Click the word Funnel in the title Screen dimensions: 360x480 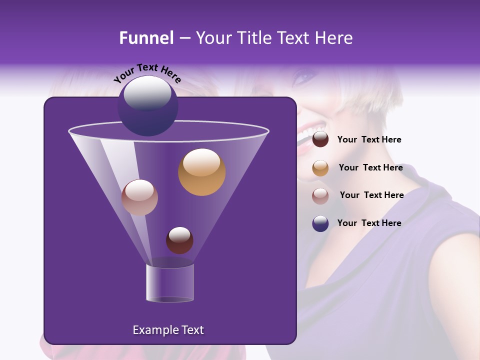pos(146,38)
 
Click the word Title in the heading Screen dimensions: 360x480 pos(253,38)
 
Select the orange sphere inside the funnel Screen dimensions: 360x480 pos(201,172)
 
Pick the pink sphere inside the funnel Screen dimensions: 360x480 pos(139,197)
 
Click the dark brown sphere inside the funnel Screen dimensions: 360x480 pos(179,240)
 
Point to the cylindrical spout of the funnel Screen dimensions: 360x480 pos(169,283)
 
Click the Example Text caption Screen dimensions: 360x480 pos(168,330)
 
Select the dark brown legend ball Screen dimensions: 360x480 pos(320,139)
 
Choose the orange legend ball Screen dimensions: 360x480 pos(320,168)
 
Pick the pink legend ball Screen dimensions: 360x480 pos(320,195)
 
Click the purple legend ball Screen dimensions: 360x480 pos(320,223)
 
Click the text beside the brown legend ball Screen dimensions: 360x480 pos(369,140)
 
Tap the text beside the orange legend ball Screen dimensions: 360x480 pos(370,167)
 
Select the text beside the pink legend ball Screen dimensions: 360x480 pos(371,195)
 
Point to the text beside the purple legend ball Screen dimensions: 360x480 pos(369,223)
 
